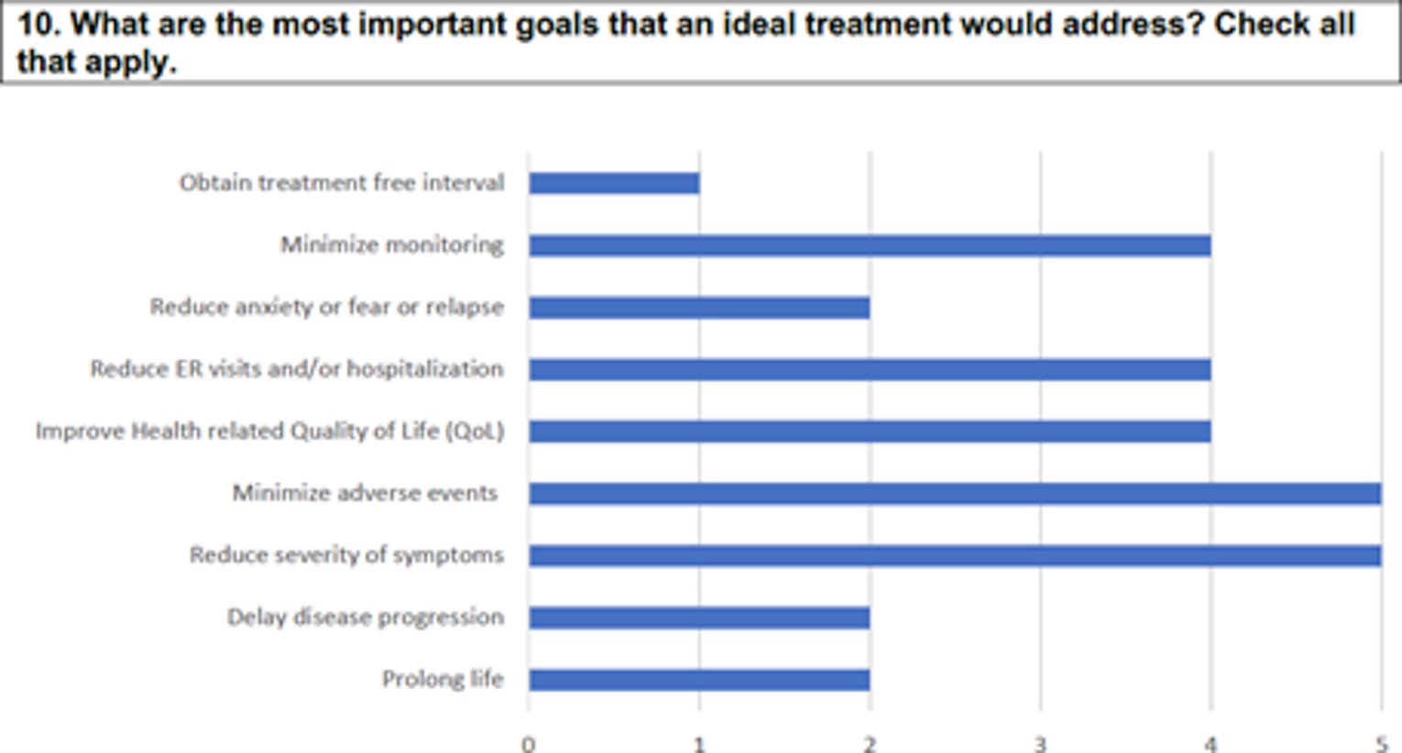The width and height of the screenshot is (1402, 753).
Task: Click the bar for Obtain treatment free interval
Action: pyautogui.click(x=614, y=183)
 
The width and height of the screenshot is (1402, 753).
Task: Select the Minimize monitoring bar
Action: pyautogui.click(x=870, y=246)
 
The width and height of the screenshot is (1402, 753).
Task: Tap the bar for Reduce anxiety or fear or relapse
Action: pyautogui.click(x=699, y=308)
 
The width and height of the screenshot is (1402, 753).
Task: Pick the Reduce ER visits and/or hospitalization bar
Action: pyautogui.click(x=870, y=369)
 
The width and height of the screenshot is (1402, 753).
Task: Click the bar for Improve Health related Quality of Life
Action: pyautogui.click(x=870, y=431)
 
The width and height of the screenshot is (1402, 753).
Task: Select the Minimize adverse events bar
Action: pyautogui.click(x=955, y=494)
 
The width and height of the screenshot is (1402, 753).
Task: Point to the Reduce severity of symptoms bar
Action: pyautogui.click(x=955, y=555)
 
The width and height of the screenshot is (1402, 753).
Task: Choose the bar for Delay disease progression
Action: pyautogui.click(x=699, y=617)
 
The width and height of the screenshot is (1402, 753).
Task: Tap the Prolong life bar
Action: pyautogui.click(x=699, y=680)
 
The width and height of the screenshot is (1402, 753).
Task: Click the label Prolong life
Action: pyautogui.click(x=443, y=679)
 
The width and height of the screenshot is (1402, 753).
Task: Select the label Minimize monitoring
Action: pyautogui.click(x=392, y=245)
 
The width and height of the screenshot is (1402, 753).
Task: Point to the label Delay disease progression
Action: pyautogui.click(x=366, y=617)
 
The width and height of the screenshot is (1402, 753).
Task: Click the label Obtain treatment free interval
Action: pyautogui.click(x=342, y=182)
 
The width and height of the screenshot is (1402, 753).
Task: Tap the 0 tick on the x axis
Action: pyautogui.click(x=529, y=745)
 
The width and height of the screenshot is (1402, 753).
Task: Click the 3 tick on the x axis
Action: pyautogui.click(x=1040, y=745)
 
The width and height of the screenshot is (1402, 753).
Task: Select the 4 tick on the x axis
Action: pyautogui.click(x=1210, y=745)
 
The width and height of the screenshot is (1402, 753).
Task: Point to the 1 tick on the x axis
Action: pyautogui.click(x=699, y=745)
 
